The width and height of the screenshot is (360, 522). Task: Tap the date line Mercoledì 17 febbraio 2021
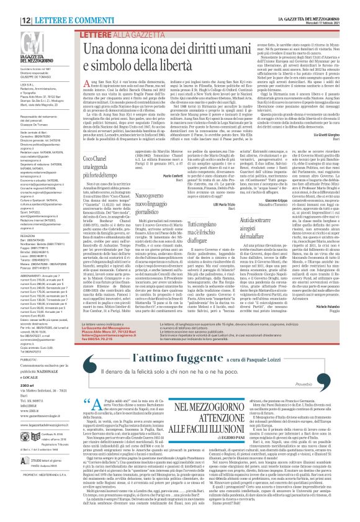pos(323,11)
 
